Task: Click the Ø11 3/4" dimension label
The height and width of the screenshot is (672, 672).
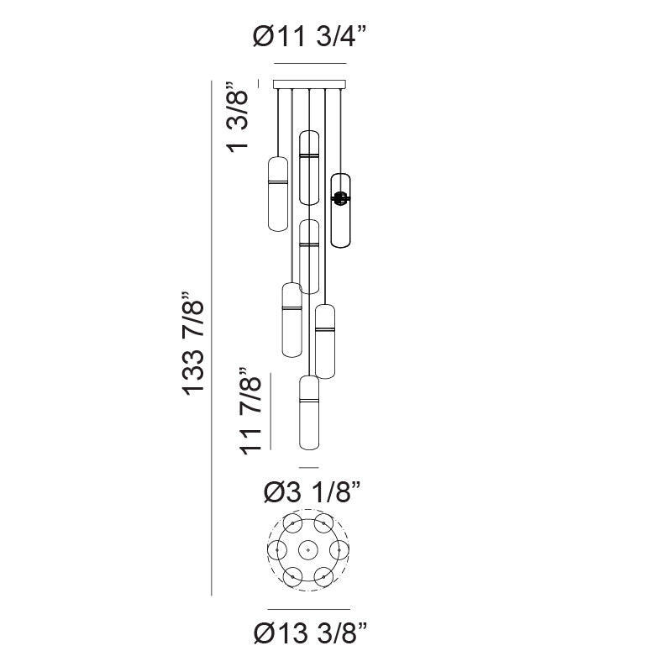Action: pos(309,36)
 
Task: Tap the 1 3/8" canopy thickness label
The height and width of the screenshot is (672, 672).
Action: pos(238,117)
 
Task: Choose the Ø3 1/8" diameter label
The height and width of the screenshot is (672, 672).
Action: pos(312,491)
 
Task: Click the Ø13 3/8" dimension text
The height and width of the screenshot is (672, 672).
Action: pos(310,633)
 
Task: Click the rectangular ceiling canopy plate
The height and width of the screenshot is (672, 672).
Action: pos(309,84)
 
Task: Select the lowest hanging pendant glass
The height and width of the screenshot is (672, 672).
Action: pos(309,412)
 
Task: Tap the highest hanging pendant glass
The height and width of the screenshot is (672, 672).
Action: pos(309,167)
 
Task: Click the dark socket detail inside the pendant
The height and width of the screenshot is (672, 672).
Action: pos(340,198)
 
